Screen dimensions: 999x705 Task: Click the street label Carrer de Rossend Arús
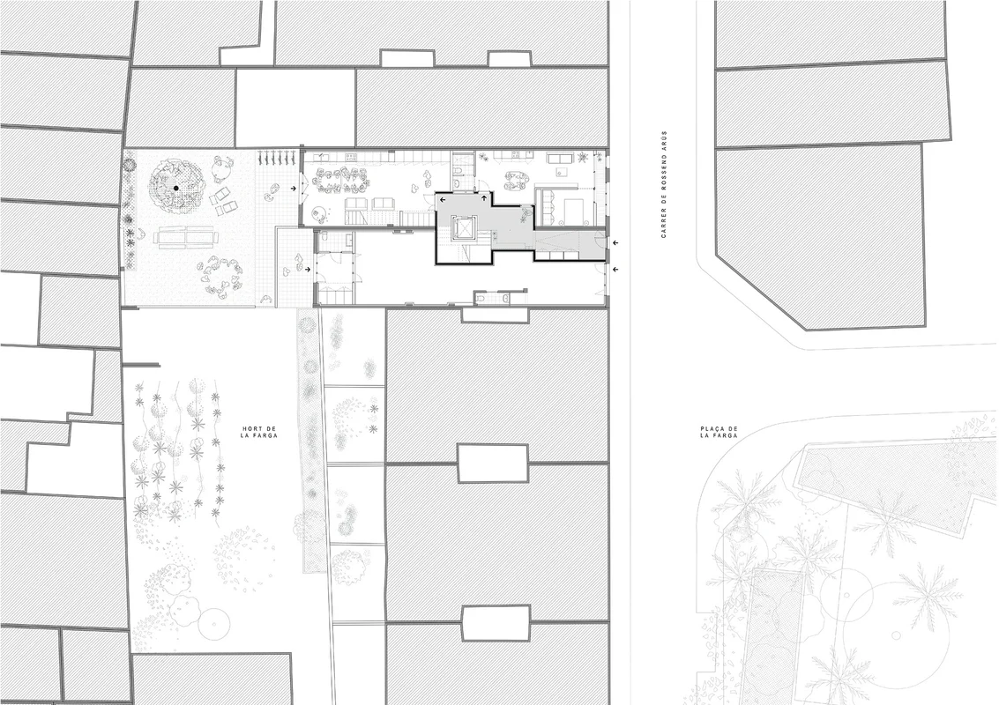pyautogui.click(x=664, y=185)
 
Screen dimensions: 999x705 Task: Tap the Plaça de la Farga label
pyautogui.click(x=719, y=432)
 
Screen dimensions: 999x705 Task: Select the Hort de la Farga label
pyautogui.click(x=259, y=432)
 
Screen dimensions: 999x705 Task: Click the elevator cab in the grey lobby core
pyautogui.click(x=461, y=227)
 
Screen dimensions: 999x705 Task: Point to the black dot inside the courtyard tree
pyautogui.click(x=175, y=188)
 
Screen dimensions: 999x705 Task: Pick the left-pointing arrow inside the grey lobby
pyautogui.click(x=442, y=200)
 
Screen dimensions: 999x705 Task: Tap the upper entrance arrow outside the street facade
pyautogui.click(x=615, y=242)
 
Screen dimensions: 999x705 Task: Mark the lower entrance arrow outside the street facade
pyautogui.click(x=615, y=270)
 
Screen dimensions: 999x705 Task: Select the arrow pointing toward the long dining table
pyautogui.click(x=293, y=189)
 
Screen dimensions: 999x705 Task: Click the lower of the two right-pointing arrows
pyautogui.click(x=308, y=270)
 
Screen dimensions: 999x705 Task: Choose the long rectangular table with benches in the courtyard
pyautogui.click(x=186, y=237)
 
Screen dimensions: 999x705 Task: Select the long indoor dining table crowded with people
pyautogui.click(x=339, y=181)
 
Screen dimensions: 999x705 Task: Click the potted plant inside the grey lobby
pyautogui.click(x=525, y=215)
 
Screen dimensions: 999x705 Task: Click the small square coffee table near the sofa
pyautogui.click(x=562, y=172)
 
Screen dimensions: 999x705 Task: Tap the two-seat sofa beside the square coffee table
pyautogui.click(x=562, y=158)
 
